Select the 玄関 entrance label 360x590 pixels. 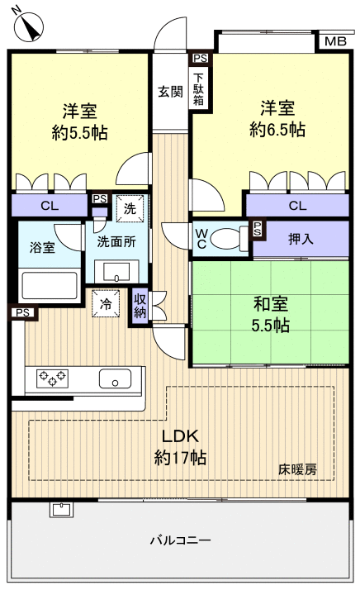click(170, 92)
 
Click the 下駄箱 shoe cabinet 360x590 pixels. click(200, 87)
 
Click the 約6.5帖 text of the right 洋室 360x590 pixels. click(277, 130)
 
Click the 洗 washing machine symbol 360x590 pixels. click(129, 209)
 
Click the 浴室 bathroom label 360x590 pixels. click(44, 247)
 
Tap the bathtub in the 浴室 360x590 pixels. click(49, 287)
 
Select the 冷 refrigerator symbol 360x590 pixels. click(106, 303)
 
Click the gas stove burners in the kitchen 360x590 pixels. click(53, 380)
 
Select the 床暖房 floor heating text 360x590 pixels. click(296, 469)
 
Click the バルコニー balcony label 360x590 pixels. click(180, 540)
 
